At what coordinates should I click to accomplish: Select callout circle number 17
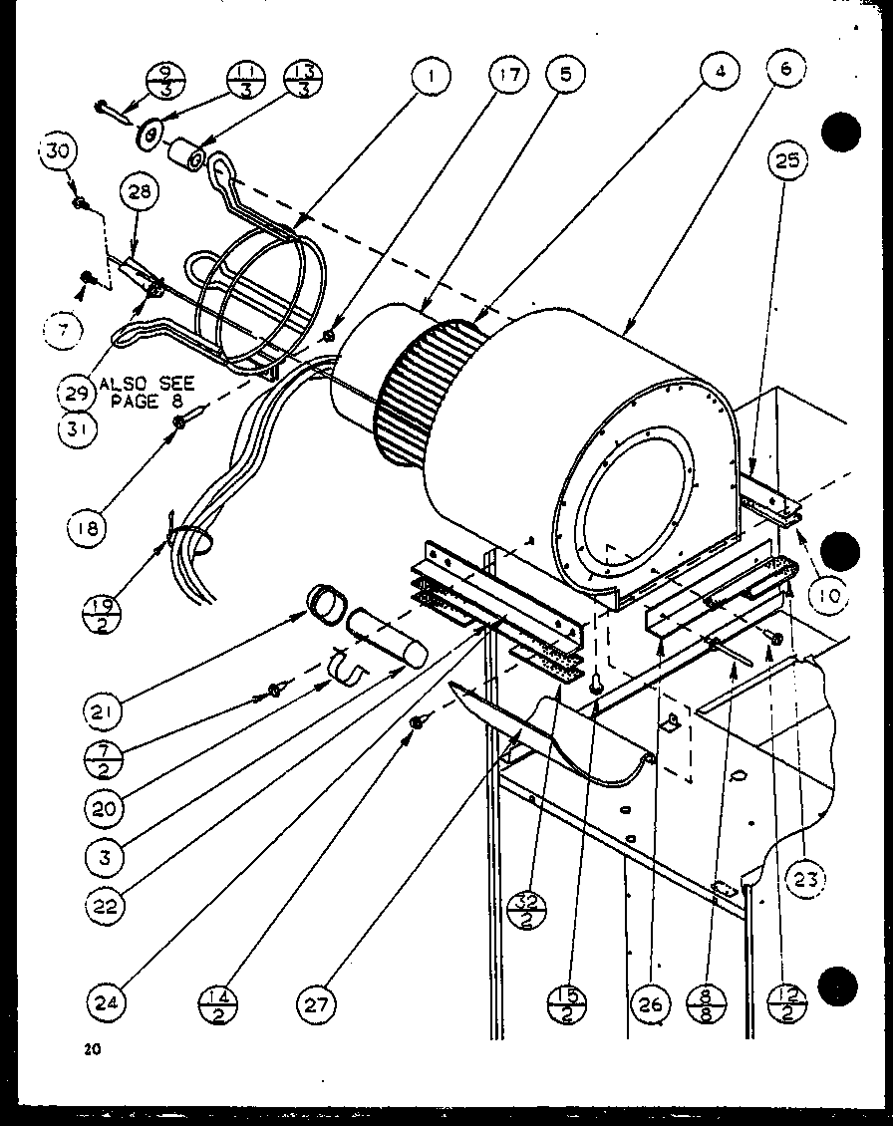click(509, 76)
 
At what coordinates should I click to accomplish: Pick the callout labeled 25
click(788, 160)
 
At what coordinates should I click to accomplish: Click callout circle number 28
click(138, 192)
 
